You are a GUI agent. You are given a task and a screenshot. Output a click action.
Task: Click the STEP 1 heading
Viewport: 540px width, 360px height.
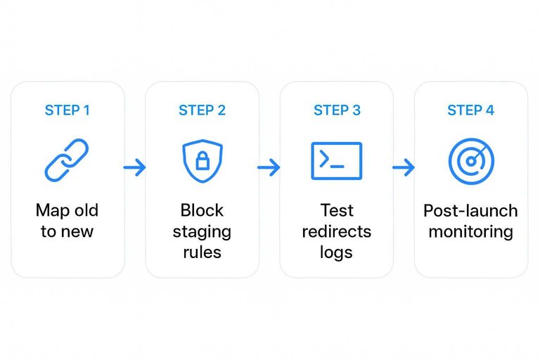click(67, 110)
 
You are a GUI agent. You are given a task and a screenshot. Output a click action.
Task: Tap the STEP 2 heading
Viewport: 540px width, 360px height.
click(202, 110)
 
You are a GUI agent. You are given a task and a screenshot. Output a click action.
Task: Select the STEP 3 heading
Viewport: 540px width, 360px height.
click(337, 110)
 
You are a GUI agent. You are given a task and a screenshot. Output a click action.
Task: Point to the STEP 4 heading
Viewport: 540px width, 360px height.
click(470, 110)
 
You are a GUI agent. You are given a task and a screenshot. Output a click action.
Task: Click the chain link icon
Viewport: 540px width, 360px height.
click(67, 161)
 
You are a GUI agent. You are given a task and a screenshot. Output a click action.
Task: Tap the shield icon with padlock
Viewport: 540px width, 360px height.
click(202, 161)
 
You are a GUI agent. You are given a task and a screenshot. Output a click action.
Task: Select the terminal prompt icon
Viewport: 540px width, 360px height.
click(336, 161)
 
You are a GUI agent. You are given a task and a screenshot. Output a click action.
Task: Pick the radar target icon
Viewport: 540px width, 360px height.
click(470, 161)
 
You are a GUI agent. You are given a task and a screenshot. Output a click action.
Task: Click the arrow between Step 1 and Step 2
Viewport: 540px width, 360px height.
click(135, 167)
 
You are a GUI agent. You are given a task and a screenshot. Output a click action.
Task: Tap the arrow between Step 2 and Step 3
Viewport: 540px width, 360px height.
click(269, 167)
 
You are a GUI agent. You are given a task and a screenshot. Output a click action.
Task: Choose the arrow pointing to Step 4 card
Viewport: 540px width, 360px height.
click(403, 167)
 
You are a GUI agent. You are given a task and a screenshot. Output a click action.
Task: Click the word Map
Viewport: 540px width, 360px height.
click(51, 210)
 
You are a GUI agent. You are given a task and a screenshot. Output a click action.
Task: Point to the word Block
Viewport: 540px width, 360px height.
click(202, 210)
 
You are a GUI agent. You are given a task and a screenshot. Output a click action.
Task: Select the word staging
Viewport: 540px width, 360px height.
click(202, 231)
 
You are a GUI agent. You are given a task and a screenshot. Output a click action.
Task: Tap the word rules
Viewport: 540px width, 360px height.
click(202, 252)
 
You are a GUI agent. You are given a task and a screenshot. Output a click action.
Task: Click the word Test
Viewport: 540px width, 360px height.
click(336, 210)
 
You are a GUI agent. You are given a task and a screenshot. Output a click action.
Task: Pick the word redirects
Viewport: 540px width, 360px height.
click(336, 231)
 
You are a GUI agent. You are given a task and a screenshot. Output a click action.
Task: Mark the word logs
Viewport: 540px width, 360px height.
click(336, 252)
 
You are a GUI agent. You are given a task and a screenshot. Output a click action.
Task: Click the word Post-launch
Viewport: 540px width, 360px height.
click(470, 211)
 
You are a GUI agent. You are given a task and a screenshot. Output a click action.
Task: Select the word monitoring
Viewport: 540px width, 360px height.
click(470, 231)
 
